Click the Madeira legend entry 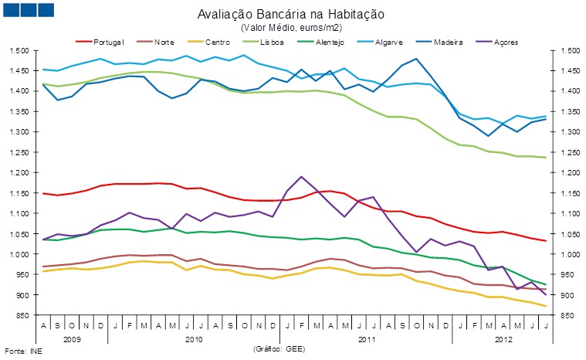click(x=448, y=41)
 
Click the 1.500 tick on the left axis click(x=19, y=50)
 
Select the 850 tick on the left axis click(x=22, y=315)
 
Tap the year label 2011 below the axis click(x=368, y=338)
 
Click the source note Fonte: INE click(x=21, y=352)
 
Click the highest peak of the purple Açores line click(x=301, y=177)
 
